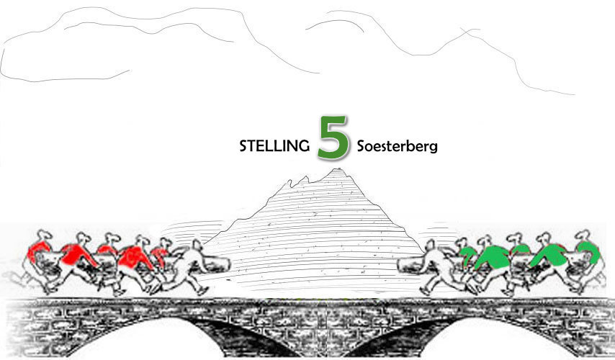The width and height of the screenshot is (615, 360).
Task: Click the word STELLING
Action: click(274, 146)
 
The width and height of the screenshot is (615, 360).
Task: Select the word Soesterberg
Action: click(398, 146)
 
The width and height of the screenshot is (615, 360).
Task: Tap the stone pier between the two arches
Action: click(310, 338)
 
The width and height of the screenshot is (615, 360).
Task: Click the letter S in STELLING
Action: click(243, 146)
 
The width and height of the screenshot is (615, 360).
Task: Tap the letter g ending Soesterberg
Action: click(434, 148)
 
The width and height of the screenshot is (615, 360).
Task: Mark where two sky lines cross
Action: click(471, 32)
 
